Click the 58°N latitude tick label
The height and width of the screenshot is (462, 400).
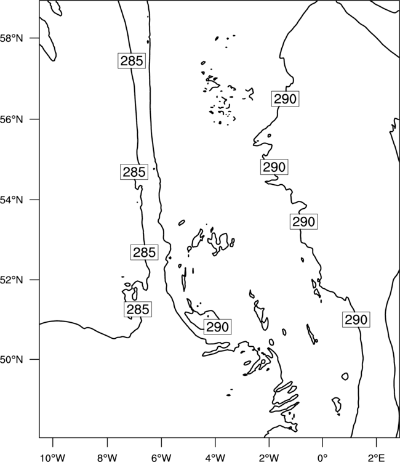click(x=11, y=38)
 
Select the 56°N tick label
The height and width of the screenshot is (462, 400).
click(x=11, y=120)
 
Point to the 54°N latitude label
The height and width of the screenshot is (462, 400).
click(x=11, y=200)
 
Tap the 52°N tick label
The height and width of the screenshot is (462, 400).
click(x=11, y=280)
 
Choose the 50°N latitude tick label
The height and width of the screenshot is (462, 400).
click(x=11, y=360)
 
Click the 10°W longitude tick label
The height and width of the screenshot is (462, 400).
click(x=53, y=458)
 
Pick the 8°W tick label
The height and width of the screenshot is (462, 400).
click(x=107, y=458)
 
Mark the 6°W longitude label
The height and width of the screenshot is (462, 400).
click(x=161, y=458)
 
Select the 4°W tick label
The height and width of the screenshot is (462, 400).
click(x=215, y=458)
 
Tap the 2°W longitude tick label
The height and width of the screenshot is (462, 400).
click(x=269, y=458)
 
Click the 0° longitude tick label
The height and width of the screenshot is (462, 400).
click(x=322, y=458)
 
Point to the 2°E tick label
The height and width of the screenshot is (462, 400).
click(x=377, y=458)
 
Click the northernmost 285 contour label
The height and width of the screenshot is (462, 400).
click(x=132, y=61)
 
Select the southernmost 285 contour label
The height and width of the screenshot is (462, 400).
click(x=138, y=309)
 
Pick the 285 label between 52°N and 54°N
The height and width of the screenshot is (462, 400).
click(x=144, y=252)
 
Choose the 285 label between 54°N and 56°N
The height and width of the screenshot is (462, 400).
click(x=134, y=172)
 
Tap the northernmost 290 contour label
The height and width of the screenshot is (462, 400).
click(x=285, y=99)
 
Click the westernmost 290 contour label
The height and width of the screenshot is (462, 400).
click(x=217, y=326)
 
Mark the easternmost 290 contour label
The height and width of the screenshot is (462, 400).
click(x=356, y=319)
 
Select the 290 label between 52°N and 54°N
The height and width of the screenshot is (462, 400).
click(x=304, y=222)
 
